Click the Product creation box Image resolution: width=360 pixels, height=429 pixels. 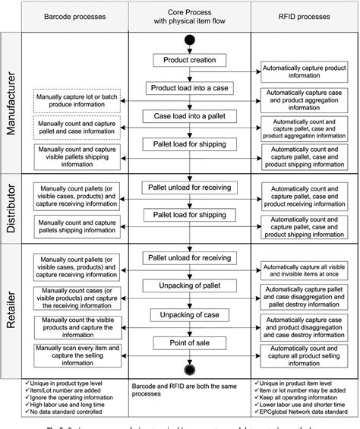coord(187,59)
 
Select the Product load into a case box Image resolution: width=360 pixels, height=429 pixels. coord(187,88)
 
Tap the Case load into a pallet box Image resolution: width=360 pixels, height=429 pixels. coord(187,116)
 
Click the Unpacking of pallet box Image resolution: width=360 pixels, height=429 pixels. coord(187,286)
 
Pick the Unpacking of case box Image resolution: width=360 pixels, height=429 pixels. coord(187,314)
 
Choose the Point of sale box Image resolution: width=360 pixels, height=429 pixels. coord(187,342)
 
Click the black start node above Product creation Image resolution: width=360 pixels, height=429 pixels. coord(187,41)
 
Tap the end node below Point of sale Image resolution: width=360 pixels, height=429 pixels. coord(187,369)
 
